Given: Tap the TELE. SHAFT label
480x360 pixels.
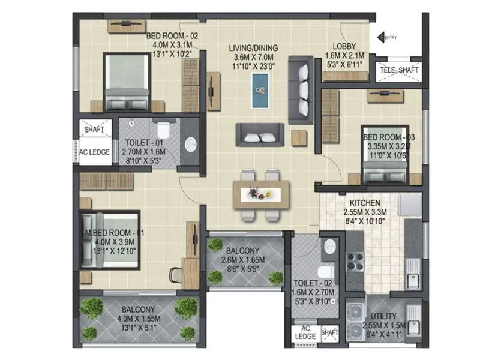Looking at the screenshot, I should pos(400,71).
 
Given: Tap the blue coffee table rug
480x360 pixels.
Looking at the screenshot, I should pos(260,91).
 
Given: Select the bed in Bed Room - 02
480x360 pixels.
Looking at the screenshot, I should pos(126,81).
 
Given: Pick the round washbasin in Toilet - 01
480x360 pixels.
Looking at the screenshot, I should pos(190,144).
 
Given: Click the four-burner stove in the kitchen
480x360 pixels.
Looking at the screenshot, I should pos(355,264).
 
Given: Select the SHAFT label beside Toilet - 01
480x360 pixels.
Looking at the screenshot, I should pos(94,129).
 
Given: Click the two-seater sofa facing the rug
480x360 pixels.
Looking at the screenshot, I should pos(260,134).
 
